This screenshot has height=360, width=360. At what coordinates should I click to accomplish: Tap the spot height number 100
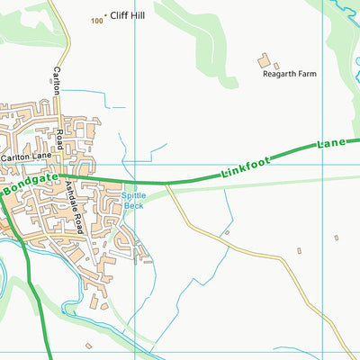click(96, 19)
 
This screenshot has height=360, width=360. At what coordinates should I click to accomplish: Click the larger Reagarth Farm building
click(265, 61)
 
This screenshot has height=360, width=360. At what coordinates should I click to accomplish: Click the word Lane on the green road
click(331, 144)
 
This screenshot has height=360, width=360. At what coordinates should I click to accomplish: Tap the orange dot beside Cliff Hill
click(106, 15)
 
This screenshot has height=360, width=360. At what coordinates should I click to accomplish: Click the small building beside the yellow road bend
click(227, 233)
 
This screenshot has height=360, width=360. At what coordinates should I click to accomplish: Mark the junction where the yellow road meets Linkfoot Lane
click(167, 184)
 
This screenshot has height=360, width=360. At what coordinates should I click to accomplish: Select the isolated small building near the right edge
click(336, 238)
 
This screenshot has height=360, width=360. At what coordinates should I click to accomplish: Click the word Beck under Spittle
click(132, 205)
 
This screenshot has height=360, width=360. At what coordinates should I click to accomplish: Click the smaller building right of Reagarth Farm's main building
click(276, 66)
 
